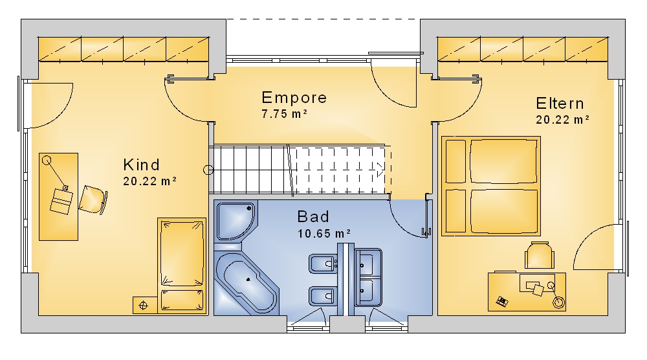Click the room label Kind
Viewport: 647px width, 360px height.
(x=141, y=165)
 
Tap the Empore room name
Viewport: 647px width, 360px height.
(x=294, y=98)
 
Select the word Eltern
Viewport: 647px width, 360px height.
(x=560, y=104)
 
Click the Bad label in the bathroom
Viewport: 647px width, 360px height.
(x=313, y=217)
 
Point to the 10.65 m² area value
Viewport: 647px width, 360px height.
(x=324, y=233)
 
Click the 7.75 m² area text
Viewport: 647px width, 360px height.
(x=284, y=113)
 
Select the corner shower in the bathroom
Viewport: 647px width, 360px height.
(x=236, y=221)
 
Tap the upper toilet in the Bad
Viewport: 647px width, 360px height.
(x=323, y=264)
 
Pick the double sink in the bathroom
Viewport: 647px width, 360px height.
(x=368, y=276)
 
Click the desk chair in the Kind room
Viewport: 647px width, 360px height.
(x=93, y=200)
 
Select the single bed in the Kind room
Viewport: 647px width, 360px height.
(x=182, y=265)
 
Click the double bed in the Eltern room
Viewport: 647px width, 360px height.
(x=491, y=186)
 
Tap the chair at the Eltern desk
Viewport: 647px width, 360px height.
(x=540, y=256)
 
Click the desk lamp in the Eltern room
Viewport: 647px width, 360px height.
(x=555, y=295)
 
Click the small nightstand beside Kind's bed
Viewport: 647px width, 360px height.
(x=144, y=306)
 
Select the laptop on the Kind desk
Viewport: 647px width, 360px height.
(x=61, y=201)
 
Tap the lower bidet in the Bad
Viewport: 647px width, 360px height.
(x=323, y=296)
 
